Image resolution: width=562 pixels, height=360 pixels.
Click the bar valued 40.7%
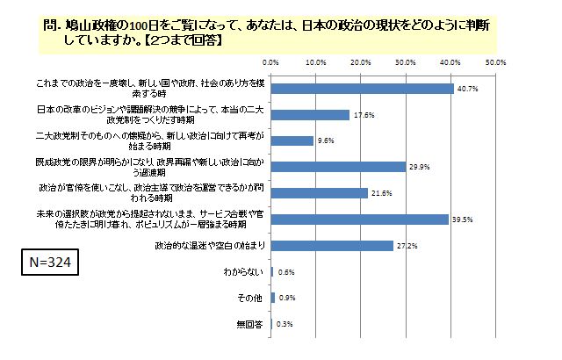point(362,89)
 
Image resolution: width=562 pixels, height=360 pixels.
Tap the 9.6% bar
point(292,140)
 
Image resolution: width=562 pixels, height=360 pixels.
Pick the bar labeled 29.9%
point(338,166)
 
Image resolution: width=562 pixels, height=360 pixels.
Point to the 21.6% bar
point(319,192)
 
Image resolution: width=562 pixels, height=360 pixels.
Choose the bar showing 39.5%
point(359,219)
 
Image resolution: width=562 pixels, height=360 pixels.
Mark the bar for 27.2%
point(332,245)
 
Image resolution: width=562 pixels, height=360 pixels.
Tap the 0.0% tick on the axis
point(271,62)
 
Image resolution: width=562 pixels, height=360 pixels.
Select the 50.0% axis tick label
point(495,62)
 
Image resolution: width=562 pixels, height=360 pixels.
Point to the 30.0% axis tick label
point(406,62)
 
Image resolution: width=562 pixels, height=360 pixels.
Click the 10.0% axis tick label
point(316,62)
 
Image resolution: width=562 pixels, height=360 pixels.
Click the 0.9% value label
point(285,298)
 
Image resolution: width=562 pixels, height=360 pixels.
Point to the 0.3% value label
point(285,324)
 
